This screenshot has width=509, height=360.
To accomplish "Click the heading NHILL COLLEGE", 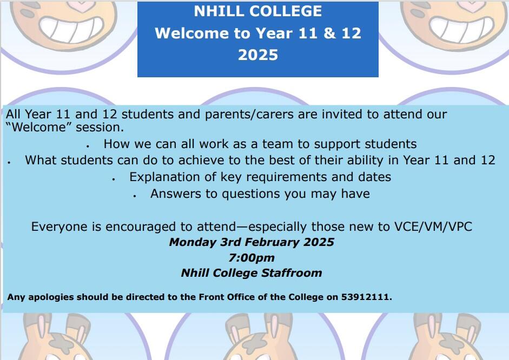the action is [x=258, y=11].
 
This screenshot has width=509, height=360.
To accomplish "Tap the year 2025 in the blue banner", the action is [x=258, y=55].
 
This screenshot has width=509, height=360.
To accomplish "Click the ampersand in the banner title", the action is [x=329, y=33].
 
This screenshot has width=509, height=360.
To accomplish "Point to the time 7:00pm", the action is [x=252, y=258].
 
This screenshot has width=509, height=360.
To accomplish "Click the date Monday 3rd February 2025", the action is [x=252, y=242].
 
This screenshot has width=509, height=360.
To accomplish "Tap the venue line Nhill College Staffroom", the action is [x=252, y=273].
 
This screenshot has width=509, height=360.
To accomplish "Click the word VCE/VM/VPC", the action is [x=433, y=226].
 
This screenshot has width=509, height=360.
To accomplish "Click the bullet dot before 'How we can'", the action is [x=88, y=146].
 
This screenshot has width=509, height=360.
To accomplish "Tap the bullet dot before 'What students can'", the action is [x=9, y=163].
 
